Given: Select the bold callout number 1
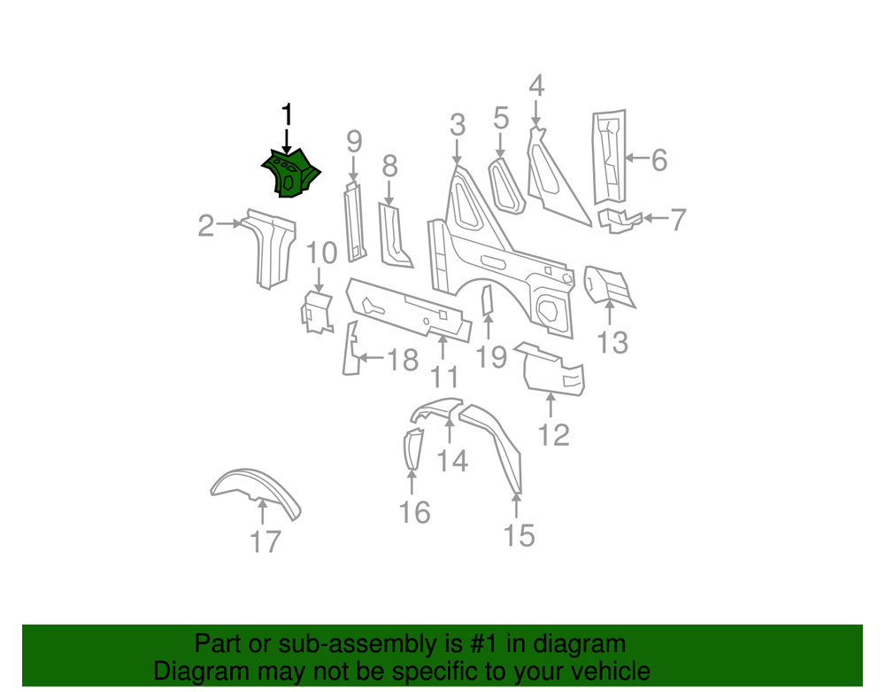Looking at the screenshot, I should click(x=286, y=115).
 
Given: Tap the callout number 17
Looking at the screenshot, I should click(x=265, y=540).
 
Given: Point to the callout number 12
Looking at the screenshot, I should click(x=554, y=435).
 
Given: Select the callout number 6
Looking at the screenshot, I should click(x=658, y=160).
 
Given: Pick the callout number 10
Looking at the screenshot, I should click(x=321, y=253).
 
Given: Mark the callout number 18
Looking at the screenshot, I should click(x=403, y=360).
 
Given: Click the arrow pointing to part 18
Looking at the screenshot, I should click(x=372, y=359).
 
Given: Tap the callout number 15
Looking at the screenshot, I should click(x=519, y=535).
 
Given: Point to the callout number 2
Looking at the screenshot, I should click(x=205, y=227).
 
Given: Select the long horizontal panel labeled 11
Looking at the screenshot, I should click(x=408, y=310).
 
